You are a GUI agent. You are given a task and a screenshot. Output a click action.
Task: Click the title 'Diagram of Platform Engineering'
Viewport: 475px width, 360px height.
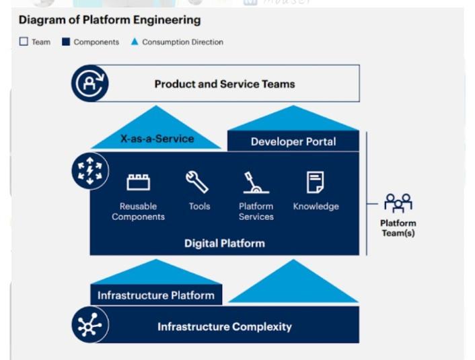[110, 20]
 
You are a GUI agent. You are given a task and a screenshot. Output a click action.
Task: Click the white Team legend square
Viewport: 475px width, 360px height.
[24, 42]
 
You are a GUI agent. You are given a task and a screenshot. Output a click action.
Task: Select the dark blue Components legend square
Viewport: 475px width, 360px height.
[66, 42]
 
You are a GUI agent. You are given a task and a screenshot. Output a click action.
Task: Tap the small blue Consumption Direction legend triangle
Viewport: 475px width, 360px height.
[135, 42]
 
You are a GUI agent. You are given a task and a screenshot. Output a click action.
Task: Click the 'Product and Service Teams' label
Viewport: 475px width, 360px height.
[225, 84]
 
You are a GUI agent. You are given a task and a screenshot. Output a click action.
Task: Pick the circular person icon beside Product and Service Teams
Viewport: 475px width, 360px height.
[90, 83]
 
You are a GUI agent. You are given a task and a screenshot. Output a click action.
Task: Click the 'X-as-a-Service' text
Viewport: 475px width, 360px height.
[157, 139]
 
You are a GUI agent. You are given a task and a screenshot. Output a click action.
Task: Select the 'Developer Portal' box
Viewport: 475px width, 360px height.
[293, 141]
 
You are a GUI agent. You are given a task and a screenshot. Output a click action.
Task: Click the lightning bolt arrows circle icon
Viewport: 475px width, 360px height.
[90, 171]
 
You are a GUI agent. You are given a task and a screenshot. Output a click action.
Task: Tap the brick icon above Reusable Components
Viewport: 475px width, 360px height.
[138, 182]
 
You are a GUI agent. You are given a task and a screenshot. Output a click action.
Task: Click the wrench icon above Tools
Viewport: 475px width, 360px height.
[197, 182]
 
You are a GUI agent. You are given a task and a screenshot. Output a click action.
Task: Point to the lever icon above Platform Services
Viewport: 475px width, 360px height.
[256, 182]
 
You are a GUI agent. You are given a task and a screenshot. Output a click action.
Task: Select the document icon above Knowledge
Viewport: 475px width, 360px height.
[316, 182]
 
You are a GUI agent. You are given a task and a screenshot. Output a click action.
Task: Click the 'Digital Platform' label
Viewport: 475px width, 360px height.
[225, 244]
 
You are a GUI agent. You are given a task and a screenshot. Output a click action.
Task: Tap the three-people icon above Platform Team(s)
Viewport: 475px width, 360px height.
[398, 203]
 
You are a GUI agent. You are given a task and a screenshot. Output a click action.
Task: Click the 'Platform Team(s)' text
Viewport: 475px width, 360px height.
[398, 228]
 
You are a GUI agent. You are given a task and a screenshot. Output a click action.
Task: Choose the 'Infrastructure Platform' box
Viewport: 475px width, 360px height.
[156, 295]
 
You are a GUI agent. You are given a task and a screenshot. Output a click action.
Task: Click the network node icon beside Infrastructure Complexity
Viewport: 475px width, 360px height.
[90, 325]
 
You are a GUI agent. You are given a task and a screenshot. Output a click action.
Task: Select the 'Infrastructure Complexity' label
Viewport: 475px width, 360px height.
[225, 326]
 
